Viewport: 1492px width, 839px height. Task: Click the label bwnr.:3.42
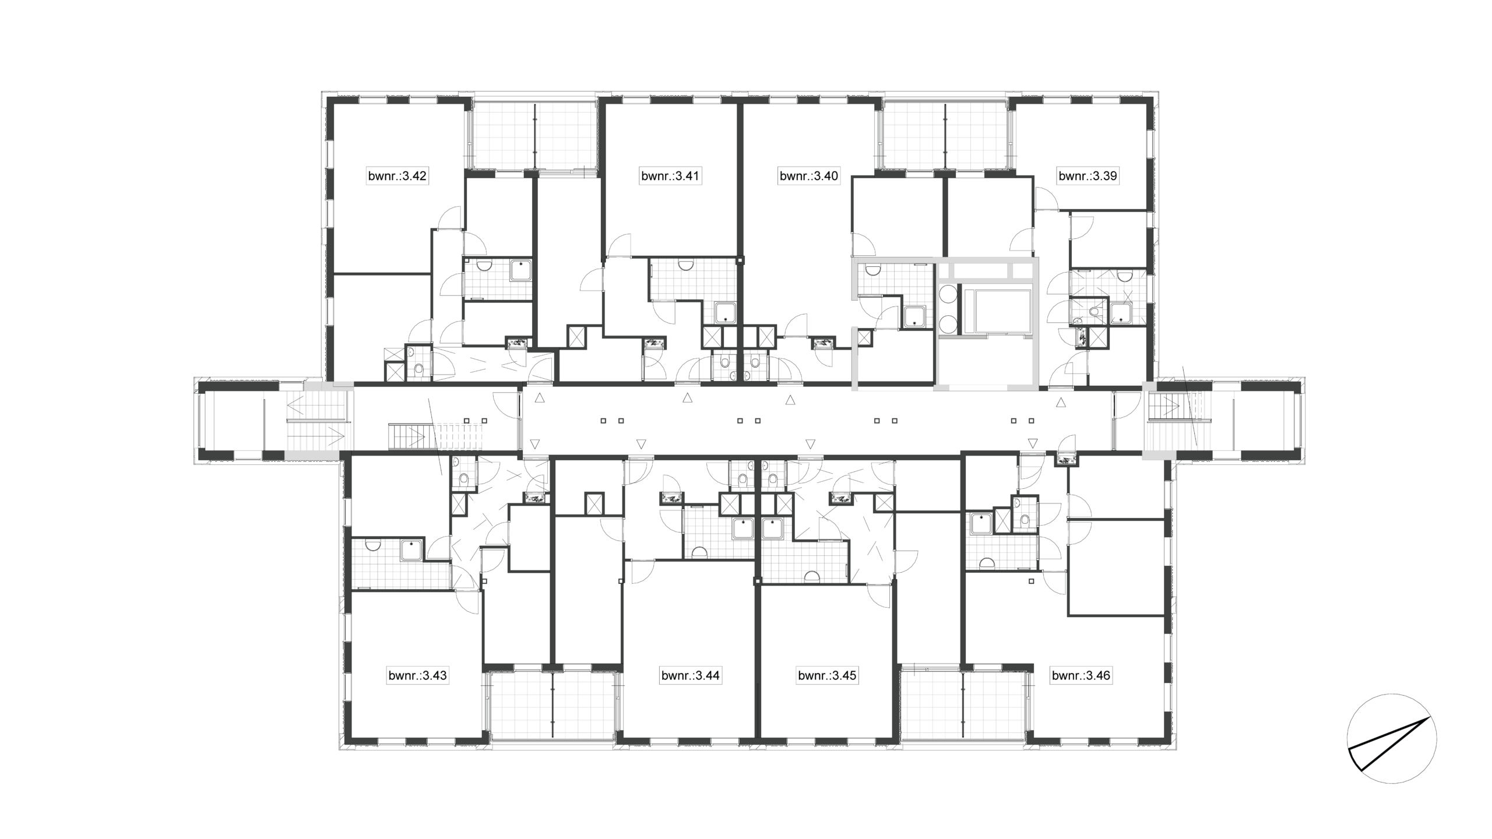tap(397, 176)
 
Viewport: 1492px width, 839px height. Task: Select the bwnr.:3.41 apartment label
tap(670, 176)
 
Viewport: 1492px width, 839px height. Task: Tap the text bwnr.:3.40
tap(809, 176)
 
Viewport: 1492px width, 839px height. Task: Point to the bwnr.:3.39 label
tap(1088, 176)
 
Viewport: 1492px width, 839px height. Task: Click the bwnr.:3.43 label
tap(418, 676)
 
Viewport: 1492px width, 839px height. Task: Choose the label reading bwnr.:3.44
tap(691, 676)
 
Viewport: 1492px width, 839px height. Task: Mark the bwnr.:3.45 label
tap(827, 676)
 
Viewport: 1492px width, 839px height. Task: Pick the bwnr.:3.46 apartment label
tap(1081, 676)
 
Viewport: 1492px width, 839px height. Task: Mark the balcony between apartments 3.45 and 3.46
tap(964, 706)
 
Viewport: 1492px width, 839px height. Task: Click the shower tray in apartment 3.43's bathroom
tap(411, 550)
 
